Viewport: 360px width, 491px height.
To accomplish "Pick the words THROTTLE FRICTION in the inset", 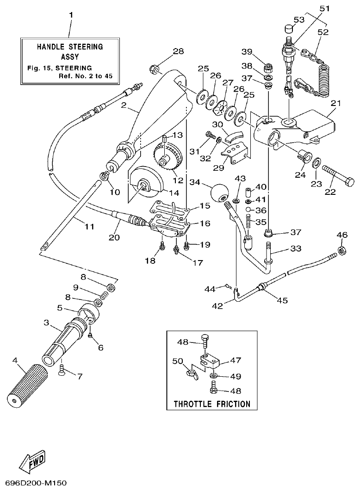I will [211, 404].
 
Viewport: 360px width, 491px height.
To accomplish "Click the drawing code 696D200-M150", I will [33, 483].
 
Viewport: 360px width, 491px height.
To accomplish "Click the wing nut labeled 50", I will [190, 371].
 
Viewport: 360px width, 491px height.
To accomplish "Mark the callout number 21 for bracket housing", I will [335, 103].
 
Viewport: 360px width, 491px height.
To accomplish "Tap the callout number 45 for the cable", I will [282, 300].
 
